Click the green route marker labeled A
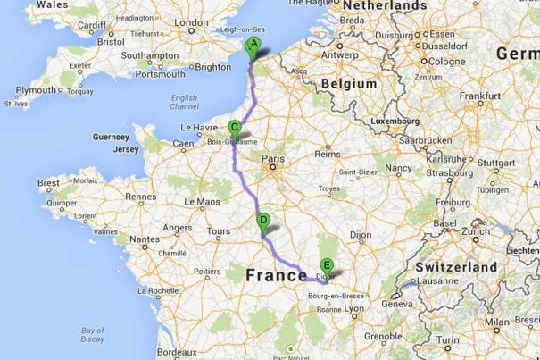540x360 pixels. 253,46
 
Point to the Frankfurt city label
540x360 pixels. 479,96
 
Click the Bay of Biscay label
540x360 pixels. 92,334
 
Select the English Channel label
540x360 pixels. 184,101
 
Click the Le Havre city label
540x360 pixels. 200,128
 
